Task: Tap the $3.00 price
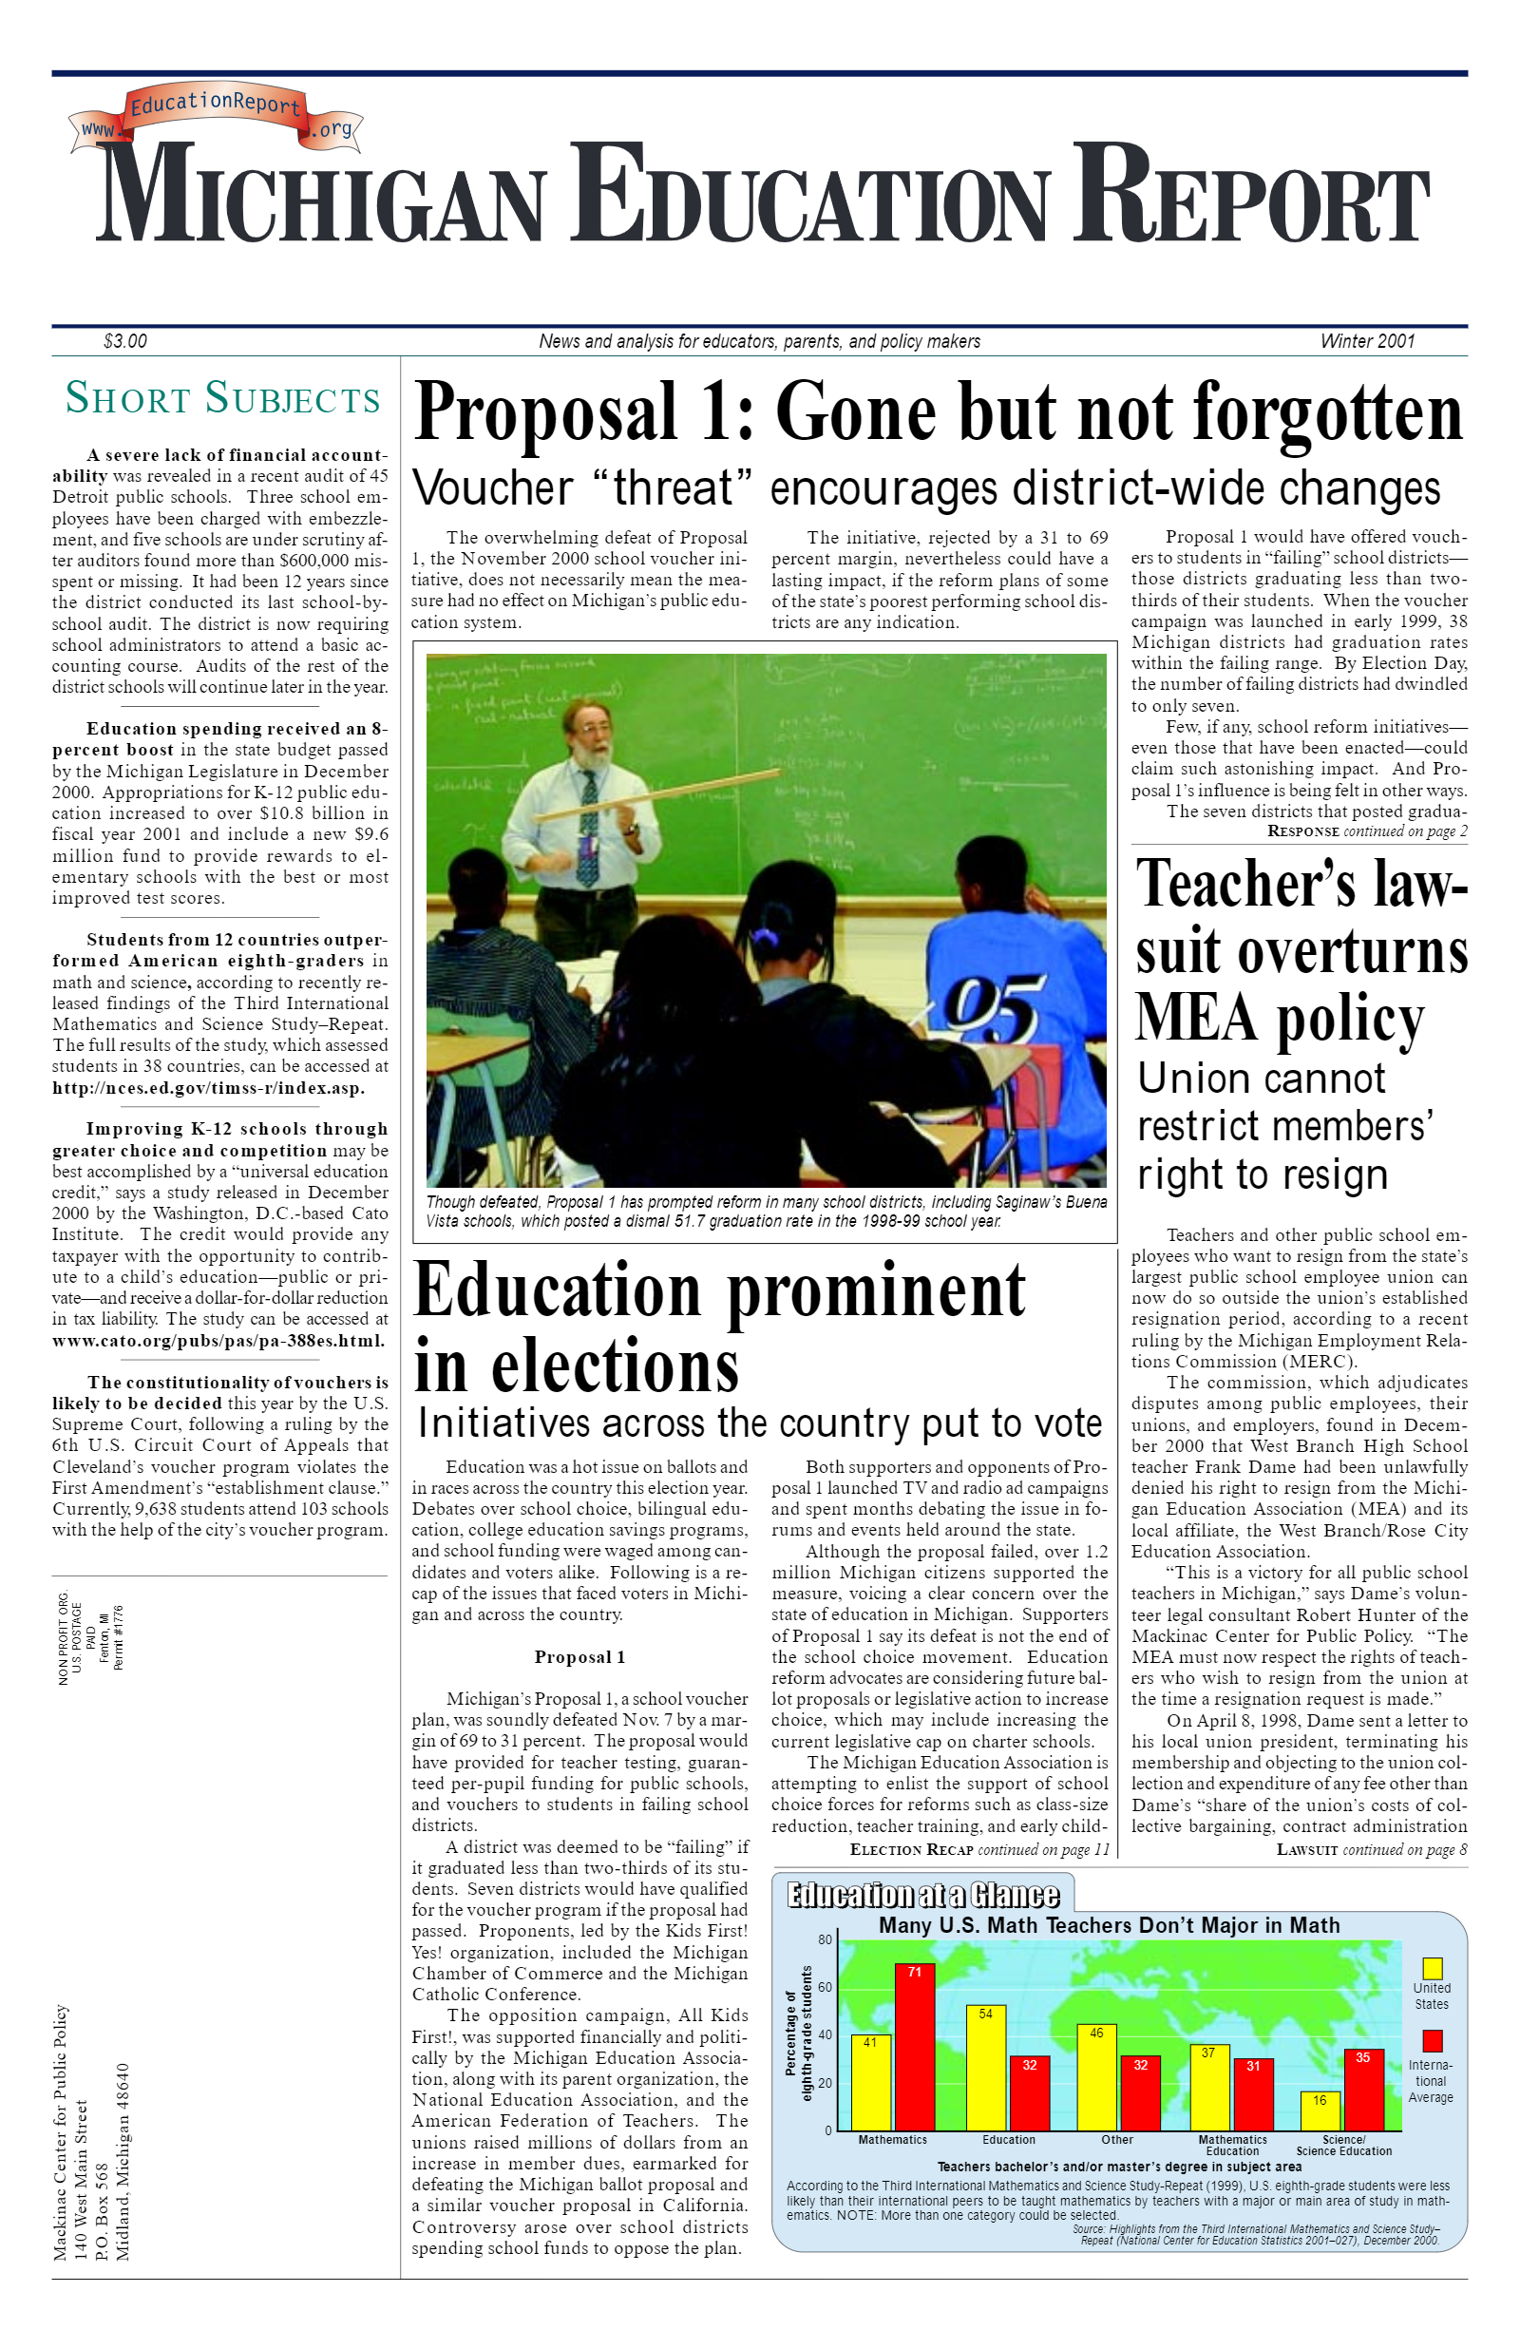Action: click(124, 341)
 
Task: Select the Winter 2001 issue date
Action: click(1367, 341)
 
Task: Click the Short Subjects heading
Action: click(222, 399)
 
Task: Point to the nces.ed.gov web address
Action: click(208, 1088)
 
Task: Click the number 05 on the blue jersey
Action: click(990, 1010)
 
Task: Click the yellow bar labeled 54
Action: click(985, 2068)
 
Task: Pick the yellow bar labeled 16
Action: click(1320, 2111)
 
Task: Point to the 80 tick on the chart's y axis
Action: click(826, 1940)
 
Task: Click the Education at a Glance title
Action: click(921, 1895)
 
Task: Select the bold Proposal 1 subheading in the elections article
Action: click(579, 1657)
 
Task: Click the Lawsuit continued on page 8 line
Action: click(1371, 1849)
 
